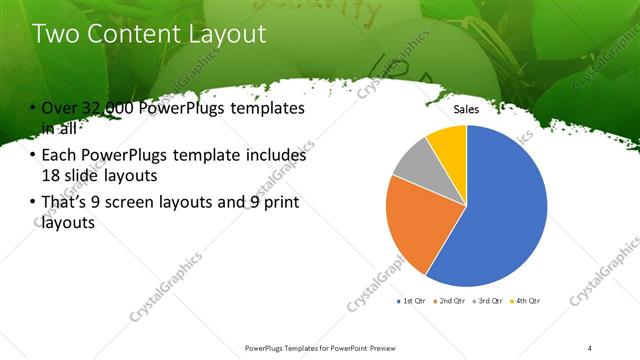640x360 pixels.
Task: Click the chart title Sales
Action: [x=467, y=109]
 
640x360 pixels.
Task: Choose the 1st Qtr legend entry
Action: [x=413, y=300]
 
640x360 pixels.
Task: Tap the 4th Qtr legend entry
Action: [x=527, y=300]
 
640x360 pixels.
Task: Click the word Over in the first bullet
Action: [x=58, y=108]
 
